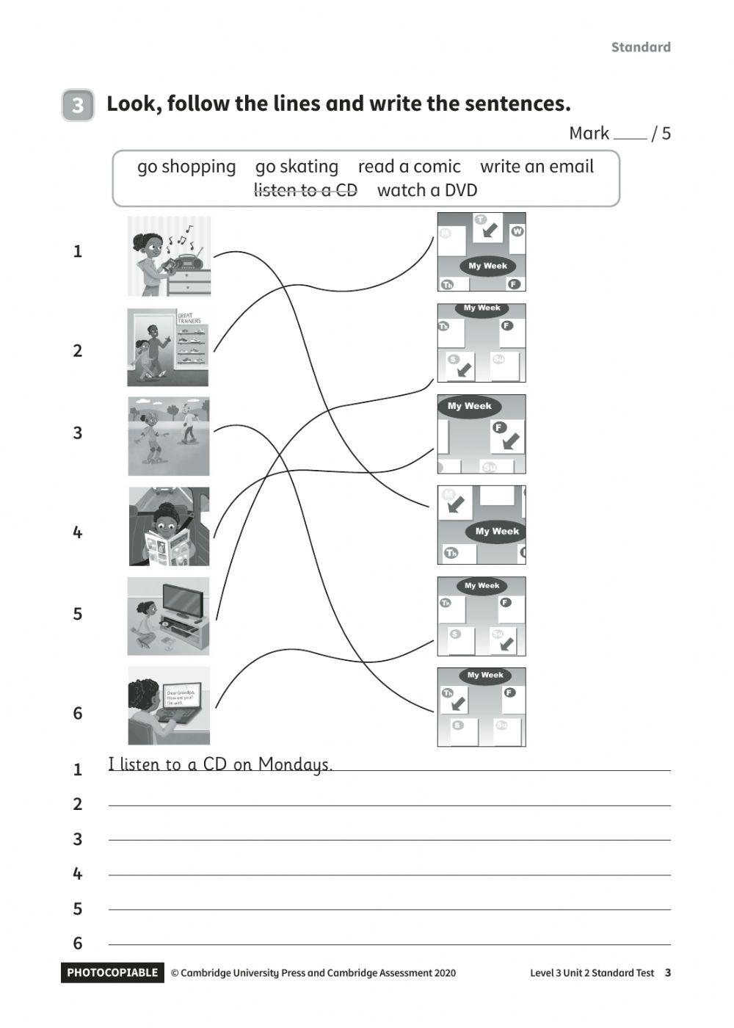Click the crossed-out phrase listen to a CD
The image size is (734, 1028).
305,190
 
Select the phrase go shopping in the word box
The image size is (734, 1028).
186,167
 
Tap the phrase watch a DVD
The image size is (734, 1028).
427,190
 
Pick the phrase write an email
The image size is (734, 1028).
537,167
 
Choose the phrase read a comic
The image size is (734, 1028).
409,167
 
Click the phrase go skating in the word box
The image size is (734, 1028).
297,167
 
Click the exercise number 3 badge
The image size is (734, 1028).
78,105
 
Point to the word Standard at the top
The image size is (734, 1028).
641,47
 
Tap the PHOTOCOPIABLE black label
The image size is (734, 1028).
112,972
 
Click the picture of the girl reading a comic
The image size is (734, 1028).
169,526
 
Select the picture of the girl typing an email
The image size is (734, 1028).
169,706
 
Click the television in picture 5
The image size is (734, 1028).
183,601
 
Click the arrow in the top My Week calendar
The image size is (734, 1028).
487,230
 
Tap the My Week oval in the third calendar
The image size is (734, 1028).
469,406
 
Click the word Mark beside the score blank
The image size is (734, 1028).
589,133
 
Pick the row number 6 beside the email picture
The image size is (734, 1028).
78,713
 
